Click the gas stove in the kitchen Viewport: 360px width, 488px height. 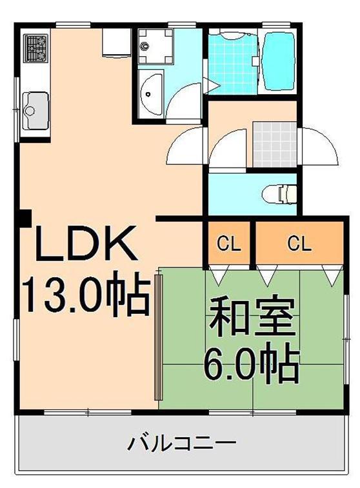coord(37,46)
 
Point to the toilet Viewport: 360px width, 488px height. coord(279,192)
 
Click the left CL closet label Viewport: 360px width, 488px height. coord(228,244)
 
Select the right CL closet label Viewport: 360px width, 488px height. coord(299,244)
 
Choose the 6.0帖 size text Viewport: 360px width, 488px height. coord(251,366)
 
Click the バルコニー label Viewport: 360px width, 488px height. coord(181,444)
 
